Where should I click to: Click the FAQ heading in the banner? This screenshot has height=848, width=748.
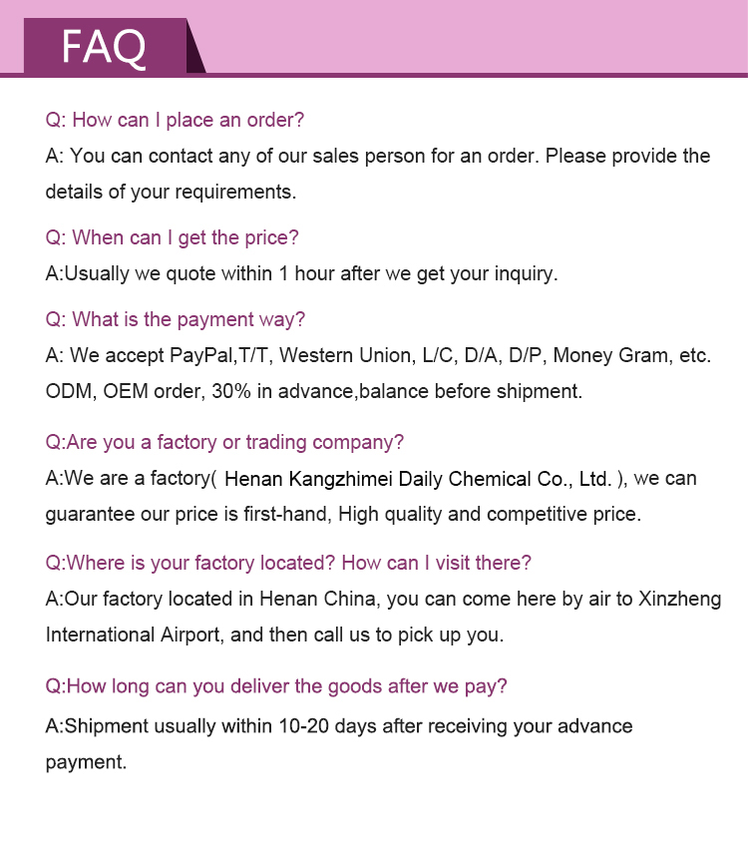click(x=104, y=46)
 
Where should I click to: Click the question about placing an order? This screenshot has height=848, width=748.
click(x=175, y=120)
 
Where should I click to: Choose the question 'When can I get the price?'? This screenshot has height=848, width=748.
click(x=172, y=237)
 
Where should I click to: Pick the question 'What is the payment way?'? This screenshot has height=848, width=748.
click(x=175, y=319)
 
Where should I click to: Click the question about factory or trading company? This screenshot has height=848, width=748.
click(x=224, y=442)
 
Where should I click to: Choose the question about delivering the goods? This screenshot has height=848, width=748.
click(x=276, y=686)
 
